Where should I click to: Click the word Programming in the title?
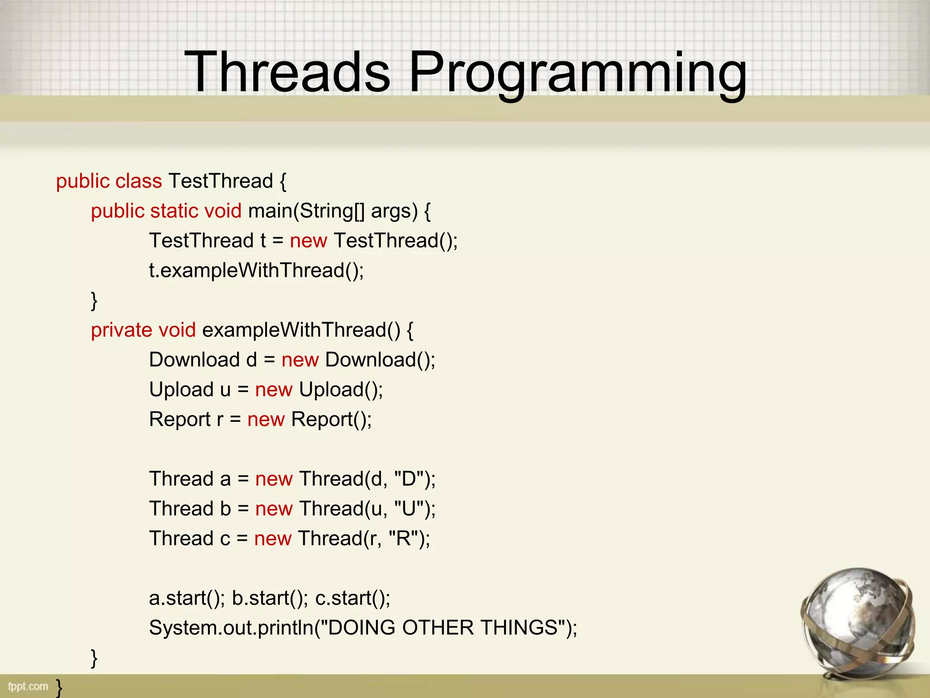pos(578,75)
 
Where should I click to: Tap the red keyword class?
pos(139,181)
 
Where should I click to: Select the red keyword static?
pos(173,211)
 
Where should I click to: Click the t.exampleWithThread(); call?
pos(256,271)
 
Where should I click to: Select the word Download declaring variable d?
pos(194,360)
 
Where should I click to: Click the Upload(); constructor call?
pos(341,390)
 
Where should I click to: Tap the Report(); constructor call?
pos(331,419)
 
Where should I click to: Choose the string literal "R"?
pos(403,538)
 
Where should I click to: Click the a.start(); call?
pos(187,598)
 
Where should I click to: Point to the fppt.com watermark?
pos(28,686)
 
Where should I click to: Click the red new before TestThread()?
pos(308,241)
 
